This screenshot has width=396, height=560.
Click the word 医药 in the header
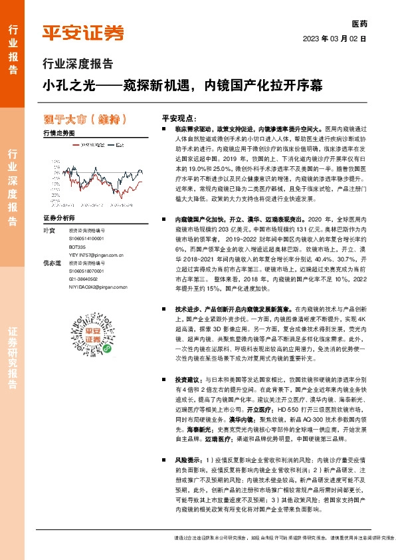[x=359, y=23]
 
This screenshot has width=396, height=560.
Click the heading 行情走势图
[x=58, y=133]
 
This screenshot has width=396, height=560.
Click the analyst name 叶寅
[x=49, y=230]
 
